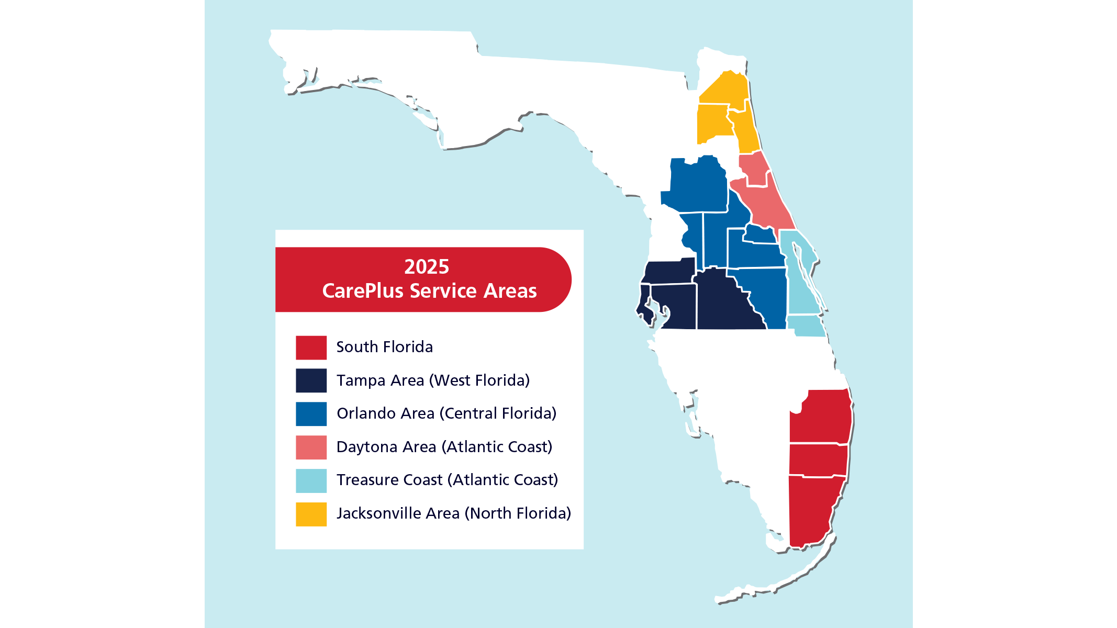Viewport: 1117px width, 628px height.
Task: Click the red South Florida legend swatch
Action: pos(311,347)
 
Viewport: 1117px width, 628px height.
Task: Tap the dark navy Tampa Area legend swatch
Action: pos(311,380)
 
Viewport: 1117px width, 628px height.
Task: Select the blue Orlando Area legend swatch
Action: pos(311,414)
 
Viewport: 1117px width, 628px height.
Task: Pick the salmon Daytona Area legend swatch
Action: pos(311,447)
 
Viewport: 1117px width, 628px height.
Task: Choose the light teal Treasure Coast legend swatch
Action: pos(311,480)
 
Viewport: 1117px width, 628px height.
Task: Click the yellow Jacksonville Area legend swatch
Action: pos(311,514)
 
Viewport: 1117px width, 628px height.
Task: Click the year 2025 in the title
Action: pos(426,267)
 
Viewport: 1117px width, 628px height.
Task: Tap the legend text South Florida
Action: pos(384,347)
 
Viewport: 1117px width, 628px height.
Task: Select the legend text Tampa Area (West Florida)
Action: pos(433,380)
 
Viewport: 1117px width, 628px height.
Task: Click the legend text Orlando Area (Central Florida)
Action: pos(446,413)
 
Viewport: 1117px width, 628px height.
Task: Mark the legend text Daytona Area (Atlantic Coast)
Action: pos(444,447)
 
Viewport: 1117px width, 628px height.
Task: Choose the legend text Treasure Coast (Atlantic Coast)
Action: pos(447,480)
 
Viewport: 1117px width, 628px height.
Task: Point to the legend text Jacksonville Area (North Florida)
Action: pos(453,513)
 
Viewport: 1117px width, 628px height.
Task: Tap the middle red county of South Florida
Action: pos(818,460)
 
